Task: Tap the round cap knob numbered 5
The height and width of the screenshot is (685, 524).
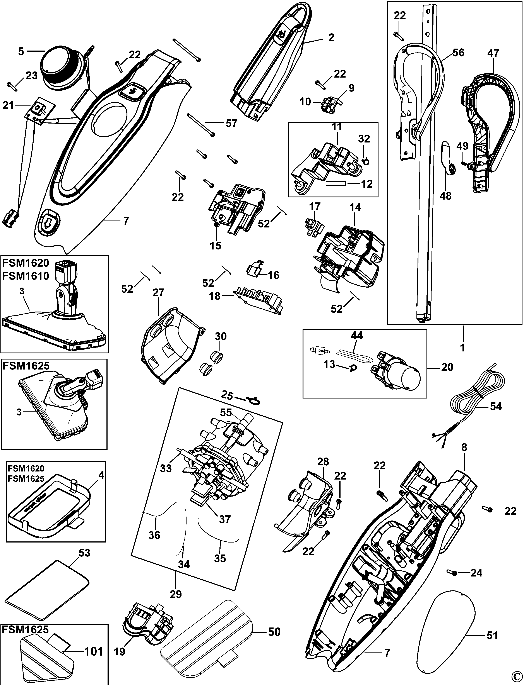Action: pyautogui.click(x=62, y=69)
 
